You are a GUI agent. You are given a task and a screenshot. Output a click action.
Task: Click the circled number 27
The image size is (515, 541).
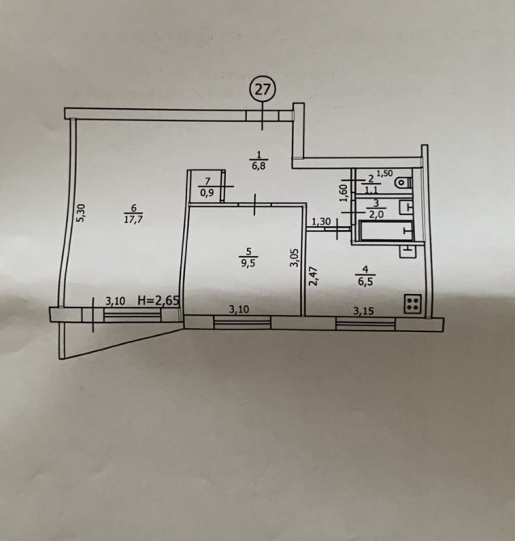click(262, 90)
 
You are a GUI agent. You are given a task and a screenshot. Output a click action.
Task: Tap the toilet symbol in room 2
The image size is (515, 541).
click(404, 182)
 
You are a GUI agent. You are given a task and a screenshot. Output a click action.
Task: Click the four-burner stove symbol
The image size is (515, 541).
click(412, 304)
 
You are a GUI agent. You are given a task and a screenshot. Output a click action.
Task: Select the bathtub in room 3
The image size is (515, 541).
click(386, 231)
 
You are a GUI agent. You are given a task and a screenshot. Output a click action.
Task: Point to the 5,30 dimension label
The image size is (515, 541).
click(81, 213)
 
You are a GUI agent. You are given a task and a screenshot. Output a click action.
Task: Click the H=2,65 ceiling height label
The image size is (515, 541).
click(158, 300)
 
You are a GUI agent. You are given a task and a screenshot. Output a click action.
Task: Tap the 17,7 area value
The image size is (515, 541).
click(133, 220)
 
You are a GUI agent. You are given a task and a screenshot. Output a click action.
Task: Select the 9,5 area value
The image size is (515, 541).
click(249, 264)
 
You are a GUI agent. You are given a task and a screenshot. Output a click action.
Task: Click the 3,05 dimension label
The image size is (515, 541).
click(295, 258)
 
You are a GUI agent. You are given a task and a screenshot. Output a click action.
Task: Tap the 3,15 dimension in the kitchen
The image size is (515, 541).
click(363, 312)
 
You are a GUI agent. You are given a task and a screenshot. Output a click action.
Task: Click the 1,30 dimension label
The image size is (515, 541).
click(321, 222)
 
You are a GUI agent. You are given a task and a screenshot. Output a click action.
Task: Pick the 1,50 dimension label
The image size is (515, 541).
click(384, 174)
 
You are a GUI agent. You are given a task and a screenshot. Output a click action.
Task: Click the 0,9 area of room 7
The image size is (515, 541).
click(207, 192)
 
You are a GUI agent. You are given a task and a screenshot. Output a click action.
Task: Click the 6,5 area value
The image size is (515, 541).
click(366, 281)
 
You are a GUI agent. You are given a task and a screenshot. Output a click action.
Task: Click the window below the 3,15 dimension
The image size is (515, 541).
click(366, 325)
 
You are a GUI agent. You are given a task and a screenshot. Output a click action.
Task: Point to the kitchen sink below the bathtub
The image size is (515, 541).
click(408, 252)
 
